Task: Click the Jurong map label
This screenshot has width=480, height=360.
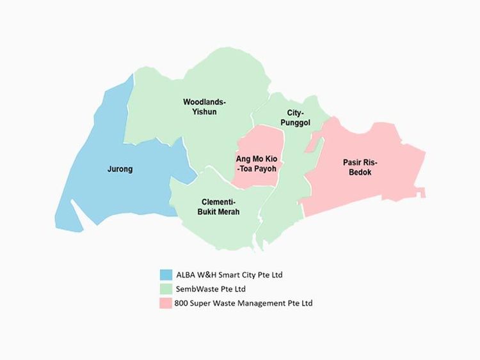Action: (120, 169)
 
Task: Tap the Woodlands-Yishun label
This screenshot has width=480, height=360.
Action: (204, 107)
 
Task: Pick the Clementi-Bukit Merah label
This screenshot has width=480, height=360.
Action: (220, 207)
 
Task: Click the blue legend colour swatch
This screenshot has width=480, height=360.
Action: (166, 275)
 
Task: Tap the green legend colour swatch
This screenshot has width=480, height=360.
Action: (166, 289)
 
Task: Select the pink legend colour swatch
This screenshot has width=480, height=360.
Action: (166, 303)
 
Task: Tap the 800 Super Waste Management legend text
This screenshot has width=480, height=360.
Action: (243, 303)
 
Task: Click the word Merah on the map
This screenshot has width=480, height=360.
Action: (228, 212)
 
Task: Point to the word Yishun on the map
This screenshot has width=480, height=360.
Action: (205, 112)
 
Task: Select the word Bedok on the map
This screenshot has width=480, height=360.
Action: (360, 173)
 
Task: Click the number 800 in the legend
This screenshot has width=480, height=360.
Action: (181, 303)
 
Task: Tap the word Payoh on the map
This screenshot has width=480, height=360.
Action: (266, 169)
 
